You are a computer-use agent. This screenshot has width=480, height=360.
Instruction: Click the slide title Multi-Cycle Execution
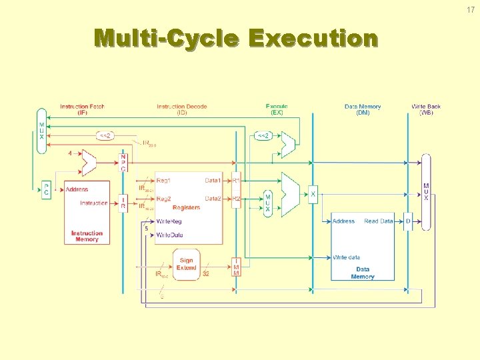click(236, 39)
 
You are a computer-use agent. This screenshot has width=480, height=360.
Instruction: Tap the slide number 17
click(471, 9)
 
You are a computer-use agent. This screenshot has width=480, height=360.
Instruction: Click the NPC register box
click(123, 163)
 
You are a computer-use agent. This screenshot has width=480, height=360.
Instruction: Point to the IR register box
click(123, 203)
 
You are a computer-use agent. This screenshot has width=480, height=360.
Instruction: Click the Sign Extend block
click(186, 264)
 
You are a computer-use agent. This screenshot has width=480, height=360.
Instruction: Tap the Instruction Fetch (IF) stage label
click(82, 109)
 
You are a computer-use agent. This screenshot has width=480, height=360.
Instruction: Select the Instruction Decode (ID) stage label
click(182, 109)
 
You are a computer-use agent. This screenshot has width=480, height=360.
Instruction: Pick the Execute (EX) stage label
click(277, 109)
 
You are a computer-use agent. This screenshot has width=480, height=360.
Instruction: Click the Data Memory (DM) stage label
click(363, 109)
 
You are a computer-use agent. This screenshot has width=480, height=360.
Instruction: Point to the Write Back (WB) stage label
click(426, 109)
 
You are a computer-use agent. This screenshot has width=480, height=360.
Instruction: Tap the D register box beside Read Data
click(408, 221)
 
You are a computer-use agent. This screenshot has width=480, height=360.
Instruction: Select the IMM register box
click(236, 267)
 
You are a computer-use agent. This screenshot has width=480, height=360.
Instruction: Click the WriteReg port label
click(169, 221)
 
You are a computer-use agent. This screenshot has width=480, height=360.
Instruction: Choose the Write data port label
click(347, 257)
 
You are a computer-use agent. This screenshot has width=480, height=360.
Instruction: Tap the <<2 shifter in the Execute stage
click(263, 136)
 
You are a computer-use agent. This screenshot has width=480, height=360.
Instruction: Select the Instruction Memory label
click(87, 236)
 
